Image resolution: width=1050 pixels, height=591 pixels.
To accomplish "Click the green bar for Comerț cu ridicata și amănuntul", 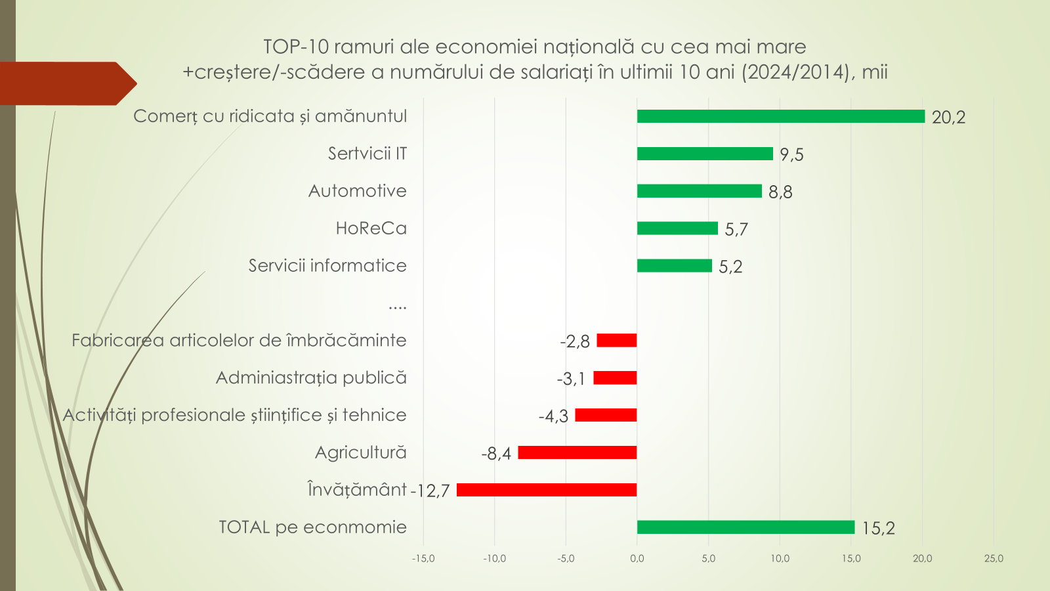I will [781, 116].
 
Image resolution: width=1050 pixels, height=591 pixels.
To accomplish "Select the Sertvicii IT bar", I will [705, 154].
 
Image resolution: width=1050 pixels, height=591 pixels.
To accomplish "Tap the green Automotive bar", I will [700, 191].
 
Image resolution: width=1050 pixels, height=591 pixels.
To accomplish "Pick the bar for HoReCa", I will [677, 229].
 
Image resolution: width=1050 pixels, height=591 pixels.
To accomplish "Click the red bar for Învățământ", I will [547, 490].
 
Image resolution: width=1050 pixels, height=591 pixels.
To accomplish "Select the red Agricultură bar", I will [577, 452].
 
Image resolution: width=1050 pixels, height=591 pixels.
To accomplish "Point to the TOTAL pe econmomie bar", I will [745, 527].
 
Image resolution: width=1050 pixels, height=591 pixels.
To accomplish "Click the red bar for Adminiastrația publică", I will [615, 378].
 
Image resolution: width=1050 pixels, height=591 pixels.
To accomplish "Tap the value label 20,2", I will [948, 118].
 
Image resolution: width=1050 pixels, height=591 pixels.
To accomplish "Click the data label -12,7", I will [430, 491].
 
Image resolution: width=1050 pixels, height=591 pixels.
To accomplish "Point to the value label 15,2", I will [878, 529].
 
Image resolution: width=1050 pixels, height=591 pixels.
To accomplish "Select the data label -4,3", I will [553, 416].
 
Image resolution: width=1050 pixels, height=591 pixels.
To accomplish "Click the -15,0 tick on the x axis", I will [423, 559].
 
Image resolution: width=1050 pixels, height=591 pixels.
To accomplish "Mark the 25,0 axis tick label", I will [994, 559].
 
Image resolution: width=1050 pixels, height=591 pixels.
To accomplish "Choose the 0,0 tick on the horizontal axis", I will [637, 559].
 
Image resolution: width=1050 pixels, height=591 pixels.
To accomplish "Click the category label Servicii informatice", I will [327, 266].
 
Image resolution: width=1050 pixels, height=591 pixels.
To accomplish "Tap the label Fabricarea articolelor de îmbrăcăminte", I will [239, 341].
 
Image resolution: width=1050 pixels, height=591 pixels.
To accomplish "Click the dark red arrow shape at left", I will [66, 83].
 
